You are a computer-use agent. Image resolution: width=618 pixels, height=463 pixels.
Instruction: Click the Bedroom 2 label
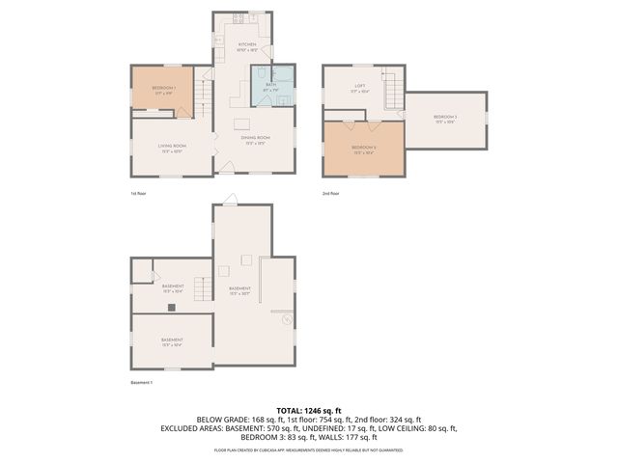click(x=363, y=150)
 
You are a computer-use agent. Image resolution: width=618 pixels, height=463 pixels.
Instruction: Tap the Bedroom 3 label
click(x=445, y=119)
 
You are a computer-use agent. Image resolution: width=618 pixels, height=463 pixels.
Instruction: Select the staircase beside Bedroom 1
click(x=202, y=95)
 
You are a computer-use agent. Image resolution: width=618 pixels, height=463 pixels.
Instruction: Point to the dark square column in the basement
click(x=171, y=308)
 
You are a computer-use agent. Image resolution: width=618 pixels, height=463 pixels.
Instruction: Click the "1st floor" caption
click(x=139, y=193)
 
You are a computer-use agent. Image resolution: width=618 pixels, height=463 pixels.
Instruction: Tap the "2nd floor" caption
click(x=331, y=193)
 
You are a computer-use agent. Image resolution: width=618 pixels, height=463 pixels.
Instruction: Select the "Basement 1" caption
click(x=141, y=383)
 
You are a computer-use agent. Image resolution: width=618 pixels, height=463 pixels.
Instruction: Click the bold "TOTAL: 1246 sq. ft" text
click(x=309, y=410)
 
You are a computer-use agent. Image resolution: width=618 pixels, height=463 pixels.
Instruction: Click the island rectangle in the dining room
click(x=241, y=123)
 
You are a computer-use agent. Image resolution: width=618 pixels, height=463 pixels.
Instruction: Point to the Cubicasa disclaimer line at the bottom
click(x=309, y=450)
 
